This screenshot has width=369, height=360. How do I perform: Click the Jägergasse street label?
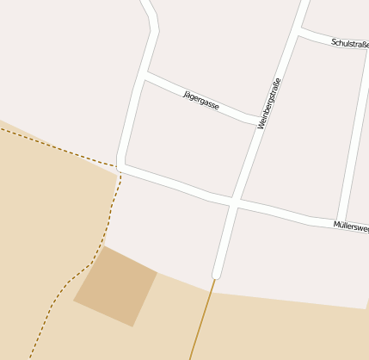tap(201, 100)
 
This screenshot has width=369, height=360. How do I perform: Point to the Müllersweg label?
tap(351, 227)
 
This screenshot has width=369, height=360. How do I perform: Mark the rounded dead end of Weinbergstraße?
tap(217, 275)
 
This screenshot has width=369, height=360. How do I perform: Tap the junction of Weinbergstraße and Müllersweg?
tap(234, 203)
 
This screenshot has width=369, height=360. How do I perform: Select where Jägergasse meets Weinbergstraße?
tap(258, 121)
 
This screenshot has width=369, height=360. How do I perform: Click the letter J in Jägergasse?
tap(186, 92)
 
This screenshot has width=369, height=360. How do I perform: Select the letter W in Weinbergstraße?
tap(261, 124)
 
